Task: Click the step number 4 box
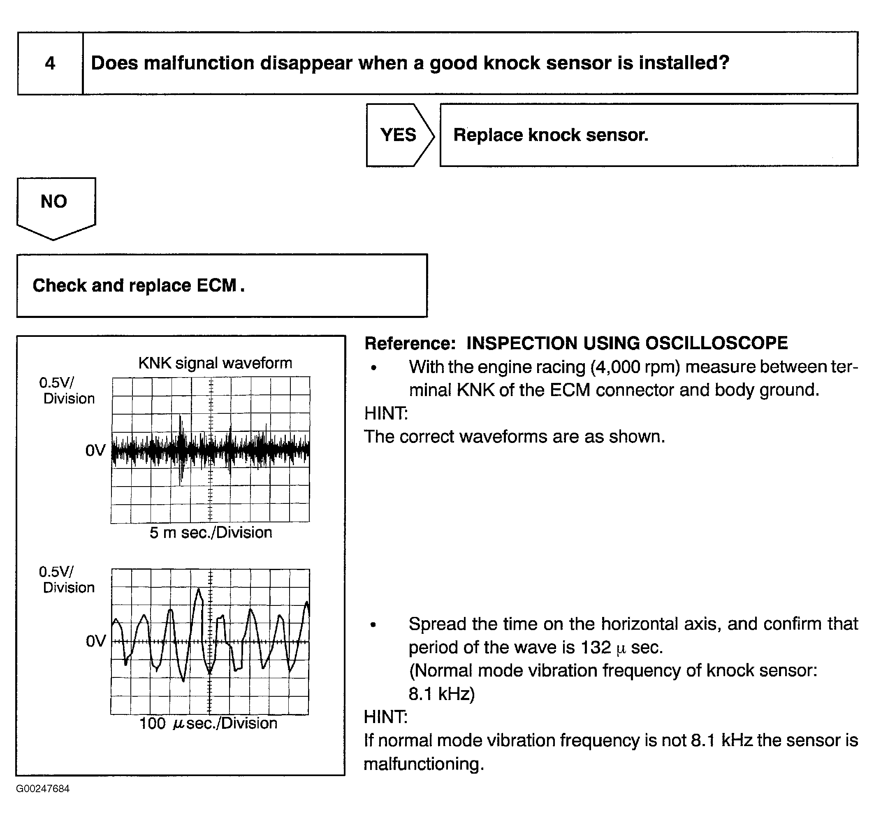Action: (x=50, y=63)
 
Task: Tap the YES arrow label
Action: (x=398, y=135)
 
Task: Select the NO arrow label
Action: (x=54, y=202)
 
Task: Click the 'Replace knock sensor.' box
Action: (x=649, y=135)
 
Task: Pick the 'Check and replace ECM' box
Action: (x=222, y=286)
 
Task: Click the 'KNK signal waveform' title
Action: (x=215, y=363)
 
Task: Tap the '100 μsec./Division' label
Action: (x=209, y=723)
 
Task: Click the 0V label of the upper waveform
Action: (x=95, y=450)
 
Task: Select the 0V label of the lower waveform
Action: (x=95, y=642)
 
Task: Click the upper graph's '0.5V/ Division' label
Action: (x=67, y=390)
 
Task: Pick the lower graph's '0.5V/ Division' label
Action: (x=67, y=580)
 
